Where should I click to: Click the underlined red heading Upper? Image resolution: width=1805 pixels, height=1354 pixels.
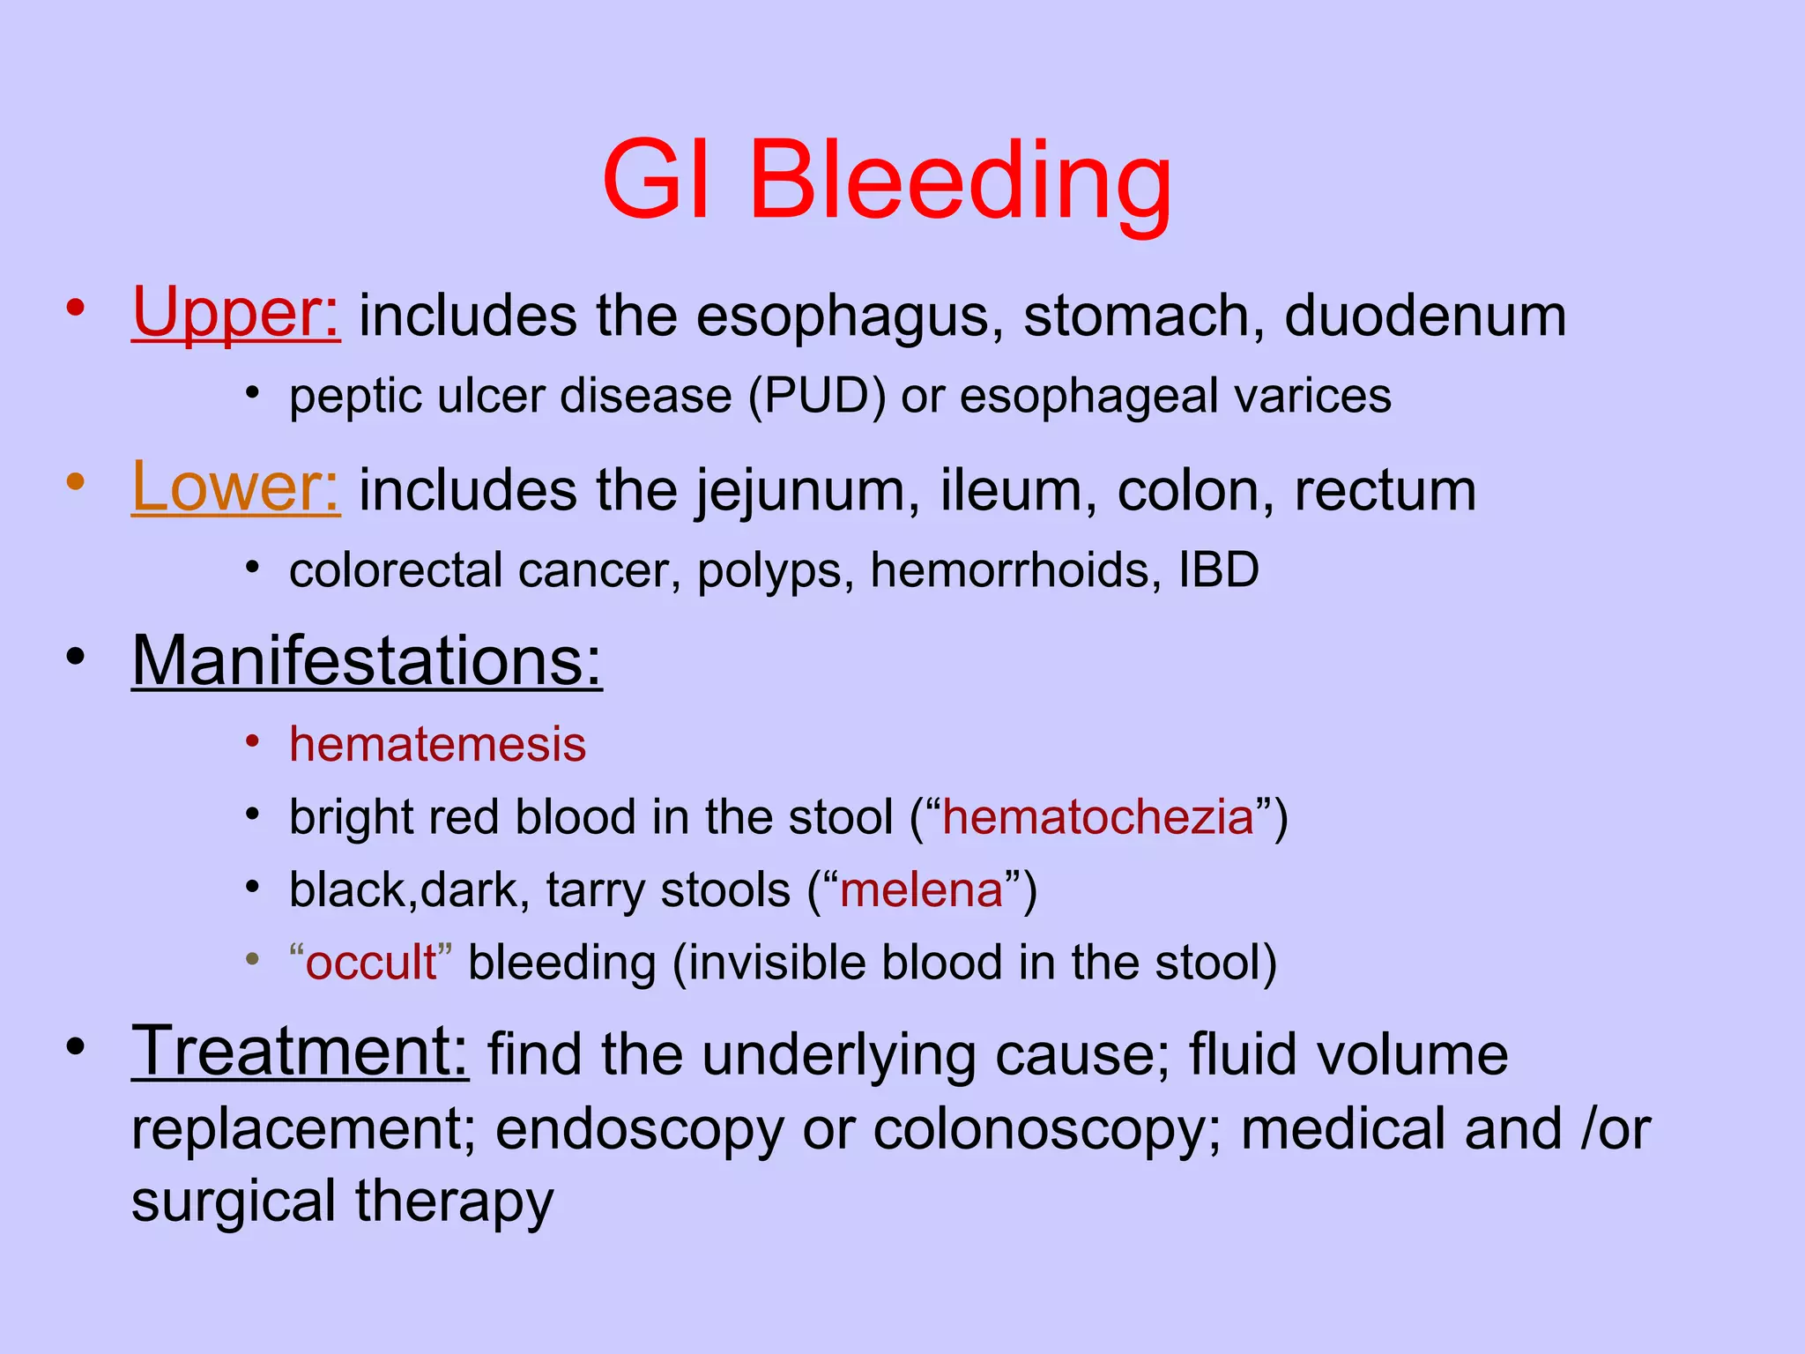(235, 314)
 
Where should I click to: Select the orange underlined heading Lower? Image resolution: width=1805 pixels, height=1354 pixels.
(235, 487)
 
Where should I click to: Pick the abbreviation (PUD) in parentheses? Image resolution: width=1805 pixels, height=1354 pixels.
(817, 396)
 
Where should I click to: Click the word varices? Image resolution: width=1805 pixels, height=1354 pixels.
(1312, 396)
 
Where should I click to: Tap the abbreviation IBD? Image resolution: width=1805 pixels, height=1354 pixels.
(1219, 570)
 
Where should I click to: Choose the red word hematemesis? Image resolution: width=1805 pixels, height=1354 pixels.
(437, 744)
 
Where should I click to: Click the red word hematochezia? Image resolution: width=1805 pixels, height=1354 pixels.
(1098, 817)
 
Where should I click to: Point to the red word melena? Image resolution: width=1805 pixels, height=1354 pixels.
(921, 889)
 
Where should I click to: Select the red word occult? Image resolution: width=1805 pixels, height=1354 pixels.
(370, 962)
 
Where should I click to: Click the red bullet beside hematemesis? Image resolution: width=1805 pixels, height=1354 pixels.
(253, 742)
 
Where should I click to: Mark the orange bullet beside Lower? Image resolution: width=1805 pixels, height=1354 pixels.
(76, 482)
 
